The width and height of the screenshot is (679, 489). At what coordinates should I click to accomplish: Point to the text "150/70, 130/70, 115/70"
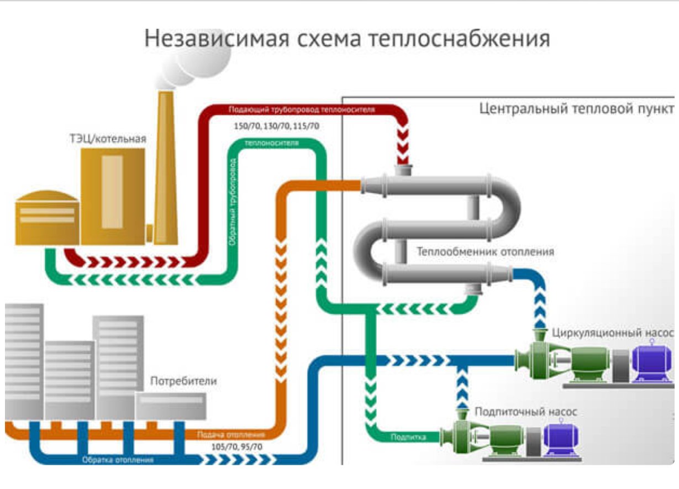tap(276, 127)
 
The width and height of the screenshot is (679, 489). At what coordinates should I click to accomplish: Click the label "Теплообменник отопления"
tap(485, 252)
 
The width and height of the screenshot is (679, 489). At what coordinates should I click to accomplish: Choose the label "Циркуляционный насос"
tap(613, 334)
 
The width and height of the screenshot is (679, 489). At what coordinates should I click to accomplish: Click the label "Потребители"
tap(183, 381)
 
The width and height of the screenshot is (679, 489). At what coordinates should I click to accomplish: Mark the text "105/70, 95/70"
tap(237, 446)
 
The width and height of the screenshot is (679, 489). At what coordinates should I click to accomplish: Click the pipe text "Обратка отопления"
tap(118, 459)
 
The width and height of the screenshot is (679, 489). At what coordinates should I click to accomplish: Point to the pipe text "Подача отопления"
tap(235, 434)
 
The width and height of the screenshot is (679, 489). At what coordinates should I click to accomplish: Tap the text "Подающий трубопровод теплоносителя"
tap(302, 109)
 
